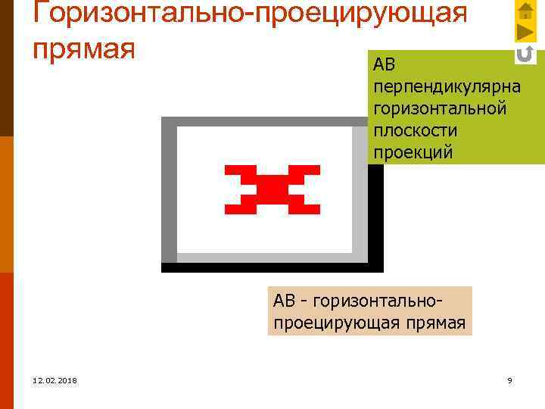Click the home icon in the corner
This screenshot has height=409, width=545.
[x=525, y=11]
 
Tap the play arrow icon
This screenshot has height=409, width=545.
[x=525, y=33]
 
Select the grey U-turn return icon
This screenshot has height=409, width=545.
[x=525, y=54]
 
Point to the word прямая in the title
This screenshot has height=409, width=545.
[x=84, y=47]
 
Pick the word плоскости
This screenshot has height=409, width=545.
[x=415, y=131]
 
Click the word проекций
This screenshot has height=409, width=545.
[x=413, y=152]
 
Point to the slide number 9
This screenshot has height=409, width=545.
[x=509, y=380]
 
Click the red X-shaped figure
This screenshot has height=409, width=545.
[x=272, y=189]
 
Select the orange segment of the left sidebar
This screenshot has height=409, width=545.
[x=6, y=204]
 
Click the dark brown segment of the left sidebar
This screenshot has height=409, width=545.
[x=6, y=68]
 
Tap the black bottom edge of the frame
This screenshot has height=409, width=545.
[x=272, y=267]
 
